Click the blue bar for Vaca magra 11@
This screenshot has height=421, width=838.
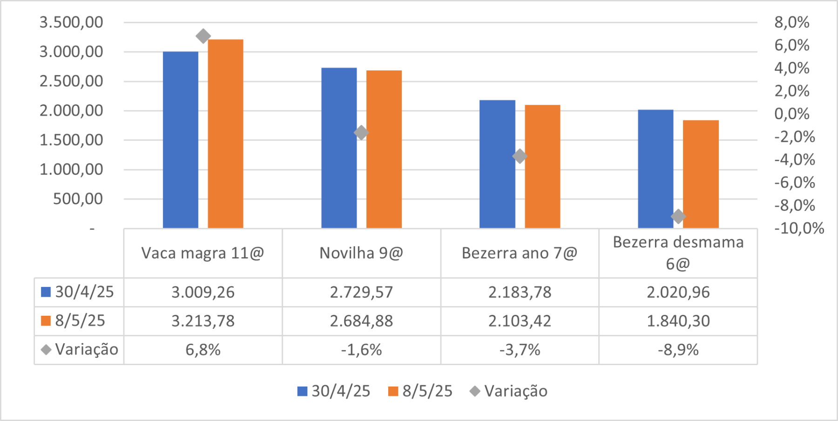point(181,140)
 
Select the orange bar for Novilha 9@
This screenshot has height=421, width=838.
point(384,149)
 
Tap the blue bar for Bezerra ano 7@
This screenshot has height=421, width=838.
point(497,164)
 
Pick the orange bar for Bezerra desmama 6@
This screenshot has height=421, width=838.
point(701,174)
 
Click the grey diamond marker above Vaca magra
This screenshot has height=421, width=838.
point(203,36)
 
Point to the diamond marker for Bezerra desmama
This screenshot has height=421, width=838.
point(678,216)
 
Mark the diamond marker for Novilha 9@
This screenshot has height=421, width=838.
point(361,133)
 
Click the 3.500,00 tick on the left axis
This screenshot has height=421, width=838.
point(71,22)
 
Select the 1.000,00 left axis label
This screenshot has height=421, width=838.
point(71,170)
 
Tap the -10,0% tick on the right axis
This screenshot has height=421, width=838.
point(799,228)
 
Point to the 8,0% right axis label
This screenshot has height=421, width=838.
point(791,22)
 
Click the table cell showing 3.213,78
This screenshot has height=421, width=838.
point(203,321)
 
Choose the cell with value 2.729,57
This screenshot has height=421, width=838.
point(361,292)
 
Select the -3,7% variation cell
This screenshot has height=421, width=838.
point(520,350)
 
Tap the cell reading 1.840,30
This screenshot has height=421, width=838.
point(678,321)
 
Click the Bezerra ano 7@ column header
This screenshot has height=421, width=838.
point(520,253)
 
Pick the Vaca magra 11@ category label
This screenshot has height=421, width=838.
point(203,253)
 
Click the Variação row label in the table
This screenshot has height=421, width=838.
point(86,350)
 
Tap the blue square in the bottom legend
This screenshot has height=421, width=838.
point(303,391)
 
